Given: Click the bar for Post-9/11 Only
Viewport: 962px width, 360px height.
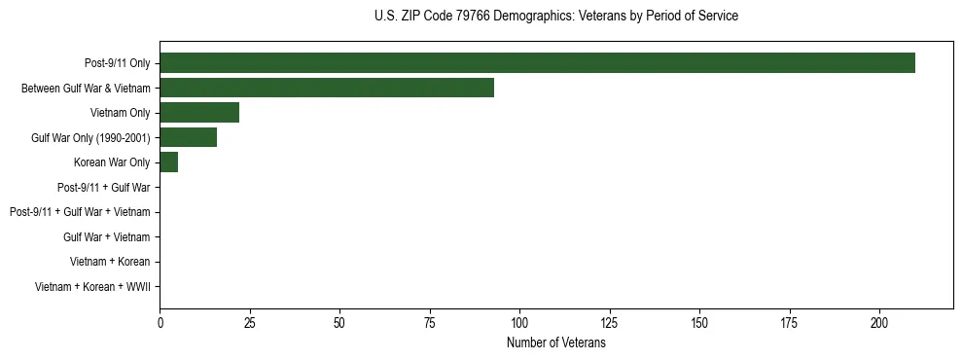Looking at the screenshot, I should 537,63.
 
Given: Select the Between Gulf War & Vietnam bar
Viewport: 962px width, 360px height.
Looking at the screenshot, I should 327,88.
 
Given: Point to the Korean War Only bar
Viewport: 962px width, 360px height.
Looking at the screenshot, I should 169,162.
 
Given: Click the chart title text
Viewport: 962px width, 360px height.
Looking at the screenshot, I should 555,17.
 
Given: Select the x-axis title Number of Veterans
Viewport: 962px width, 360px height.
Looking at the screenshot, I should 555,343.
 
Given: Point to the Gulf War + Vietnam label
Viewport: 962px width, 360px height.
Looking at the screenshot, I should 107,237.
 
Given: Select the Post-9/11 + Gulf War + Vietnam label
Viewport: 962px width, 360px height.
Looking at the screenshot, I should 80,212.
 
